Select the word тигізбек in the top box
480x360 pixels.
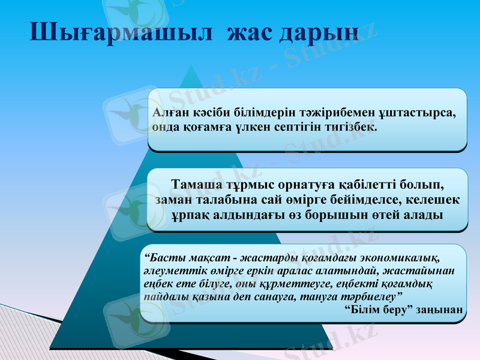tap(348, 127)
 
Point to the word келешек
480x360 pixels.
tap(431, 198)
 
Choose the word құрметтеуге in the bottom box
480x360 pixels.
tap(251, 283)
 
